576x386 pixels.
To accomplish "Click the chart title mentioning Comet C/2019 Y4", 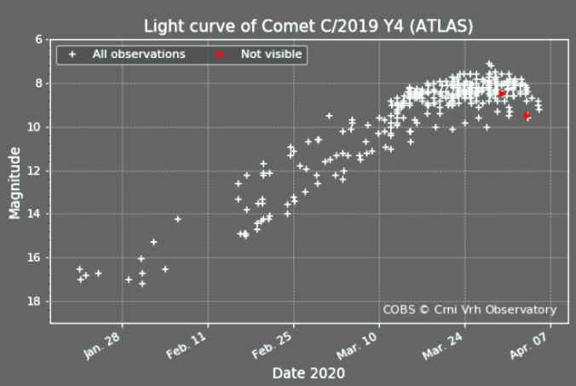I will click(308, 26).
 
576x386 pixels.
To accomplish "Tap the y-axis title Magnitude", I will click(15, 181).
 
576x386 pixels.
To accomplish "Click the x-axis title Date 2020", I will click(308, 373).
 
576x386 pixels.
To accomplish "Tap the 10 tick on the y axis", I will click(36, 127).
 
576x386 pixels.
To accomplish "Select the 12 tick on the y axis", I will click(36, 170).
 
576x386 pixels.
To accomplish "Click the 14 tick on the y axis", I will click(36, 214).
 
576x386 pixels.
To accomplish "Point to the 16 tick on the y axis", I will click(36, 257).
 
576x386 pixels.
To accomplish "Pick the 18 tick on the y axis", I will click(36, 302).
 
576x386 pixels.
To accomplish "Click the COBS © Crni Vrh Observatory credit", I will click(469, 310).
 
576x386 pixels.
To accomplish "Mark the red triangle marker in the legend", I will click(220, 55).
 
